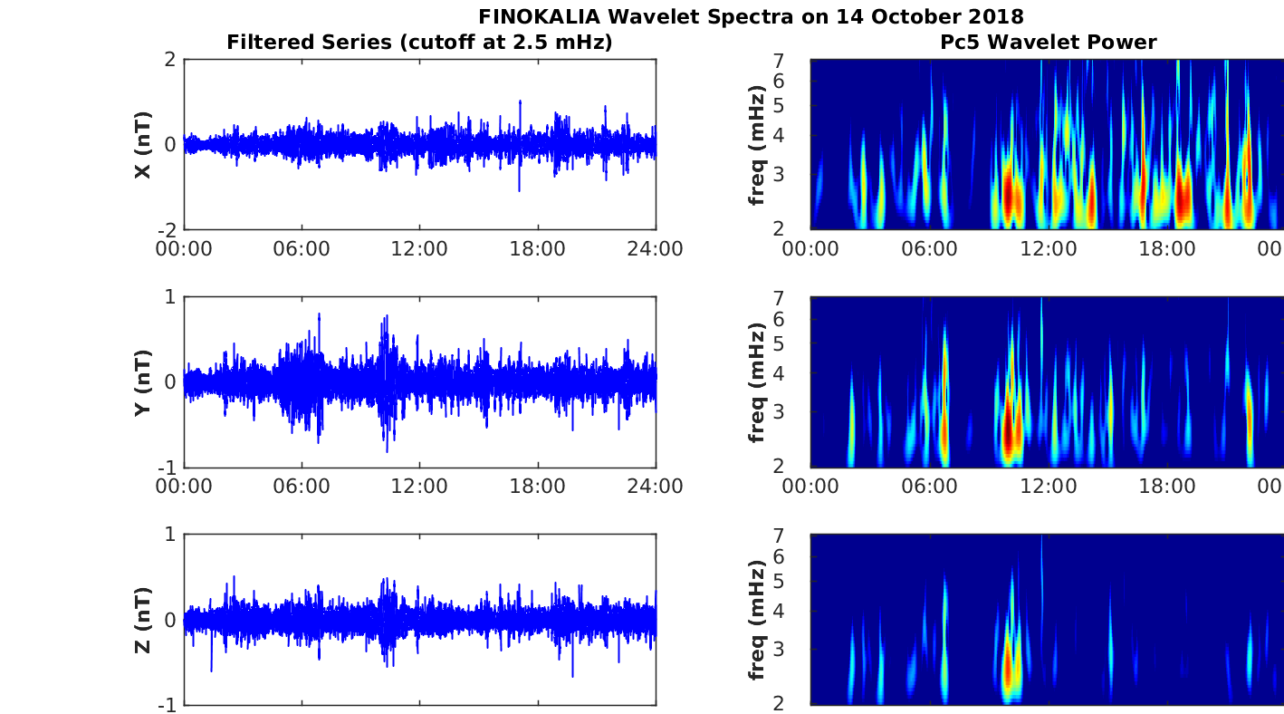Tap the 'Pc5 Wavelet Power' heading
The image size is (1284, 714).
1048,42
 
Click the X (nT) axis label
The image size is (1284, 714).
142,145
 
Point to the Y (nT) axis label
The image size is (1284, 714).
142,382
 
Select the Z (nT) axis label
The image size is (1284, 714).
142,620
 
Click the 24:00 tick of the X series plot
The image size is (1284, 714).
656,249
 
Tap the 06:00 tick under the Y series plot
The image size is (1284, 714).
302,487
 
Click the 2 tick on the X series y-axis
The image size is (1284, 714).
169,60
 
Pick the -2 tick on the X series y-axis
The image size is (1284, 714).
166,230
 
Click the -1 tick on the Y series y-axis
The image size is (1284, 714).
166,468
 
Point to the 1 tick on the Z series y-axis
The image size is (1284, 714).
169,535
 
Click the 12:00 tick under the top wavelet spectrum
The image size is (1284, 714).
1049,249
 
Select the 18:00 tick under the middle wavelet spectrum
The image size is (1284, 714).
1167,487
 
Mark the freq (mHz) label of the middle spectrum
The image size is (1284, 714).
758,382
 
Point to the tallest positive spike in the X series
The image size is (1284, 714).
520,102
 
